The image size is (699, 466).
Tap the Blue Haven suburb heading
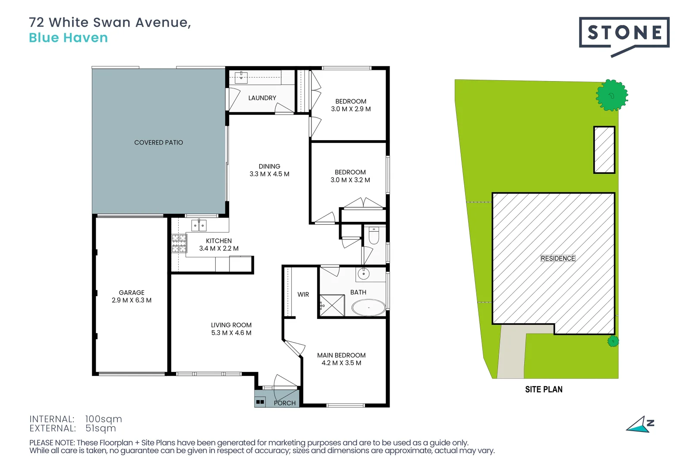coord(68,38)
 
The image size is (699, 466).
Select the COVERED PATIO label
coord(158,142)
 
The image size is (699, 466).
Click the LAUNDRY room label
coord(262,98)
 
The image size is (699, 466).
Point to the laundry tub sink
coord(241,77)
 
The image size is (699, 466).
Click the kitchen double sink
coord(199,225)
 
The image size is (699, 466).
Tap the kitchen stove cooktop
coord(179,243)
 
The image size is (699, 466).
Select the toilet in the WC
coord(374,236)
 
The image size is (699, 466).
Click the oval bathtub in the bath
coord(369,308)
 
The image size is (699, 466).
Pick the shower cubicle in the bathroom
coord(331,305)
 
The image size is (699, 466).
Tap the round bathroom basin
coord(363,274)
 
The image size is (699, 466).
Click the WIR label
coord(303,295)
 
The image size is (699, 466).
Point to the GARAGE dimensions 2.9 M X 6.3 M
coord(132,300)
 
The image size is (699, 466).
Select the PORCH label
coord(285,403)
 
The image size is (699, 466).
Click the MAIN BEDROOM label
coord(341,355)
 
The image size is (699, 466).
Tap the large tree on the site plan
coord(611,95)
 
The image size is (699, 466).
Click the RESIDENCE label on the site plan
coord(558,258)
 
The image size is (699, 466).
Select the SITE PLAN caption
coord(544,389)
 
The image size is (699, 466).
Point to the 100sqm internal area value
coord(104,419)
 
